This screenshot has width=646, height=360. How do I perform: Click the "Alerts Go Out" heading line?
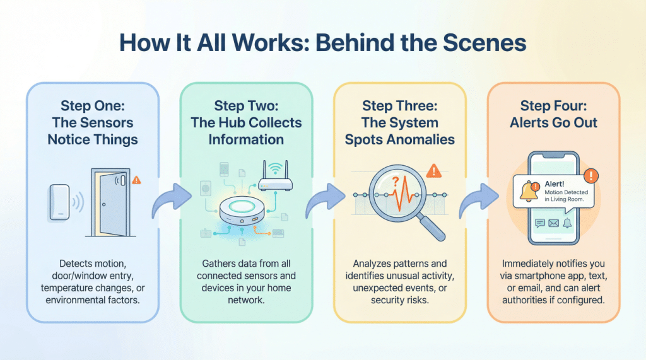553,122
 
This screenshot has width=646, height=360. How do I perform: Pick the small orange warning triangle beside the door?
137,180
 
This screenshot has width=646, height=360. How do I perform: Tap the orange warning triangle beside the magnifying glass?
433,171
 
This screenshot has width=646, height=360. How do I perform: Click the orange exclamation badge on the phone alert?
590,175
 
